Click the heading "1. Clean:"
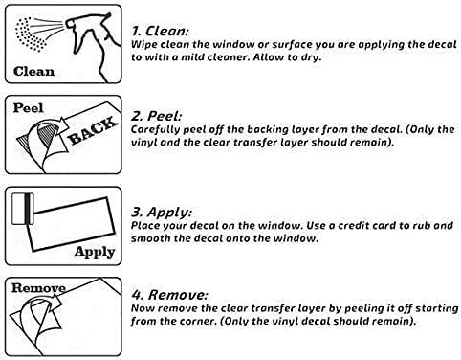161,31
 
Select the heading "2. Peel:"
156,116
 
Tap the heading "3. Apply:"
162,213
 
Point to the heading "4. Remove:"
169,295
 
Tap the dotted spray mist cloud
30,34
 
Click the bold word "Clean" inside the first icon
33,72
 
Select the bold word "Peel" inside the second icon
28,108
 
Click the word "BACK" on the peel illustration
93,130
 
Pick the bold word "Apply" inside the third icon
95,252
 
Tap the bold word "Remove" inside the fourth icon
38,288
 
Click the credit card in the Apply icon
23,209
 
